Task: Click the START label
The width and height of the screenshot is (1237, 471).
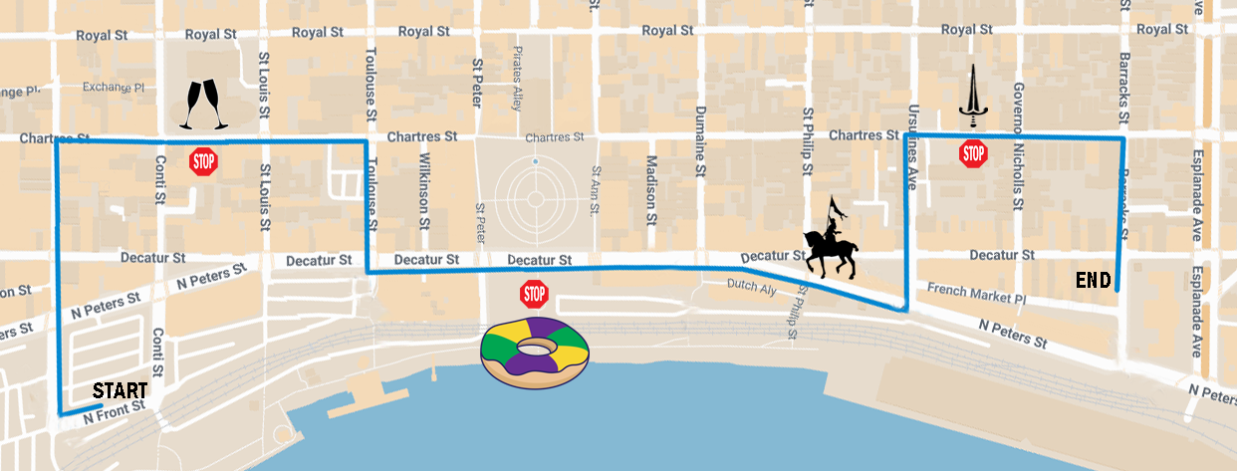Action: [121, 390]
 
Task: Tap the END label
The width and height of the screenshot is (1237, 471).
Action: [1093, 282]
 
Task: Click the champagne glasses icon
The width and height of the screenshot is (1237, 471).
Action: [202, 106]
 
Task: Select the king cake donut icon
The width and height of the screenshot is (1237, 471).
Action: [536, 350]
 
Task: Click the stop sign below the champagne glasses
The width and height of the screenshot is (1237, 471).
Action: [203, 161]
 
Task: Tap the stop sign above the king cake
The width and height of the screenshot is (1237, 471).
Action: [535, 294]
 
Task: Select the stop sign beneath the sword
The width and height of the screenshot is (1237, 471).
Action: [973, 153]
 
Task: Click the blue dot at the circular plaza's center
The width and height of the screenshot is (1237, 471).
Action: [535, 161]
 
